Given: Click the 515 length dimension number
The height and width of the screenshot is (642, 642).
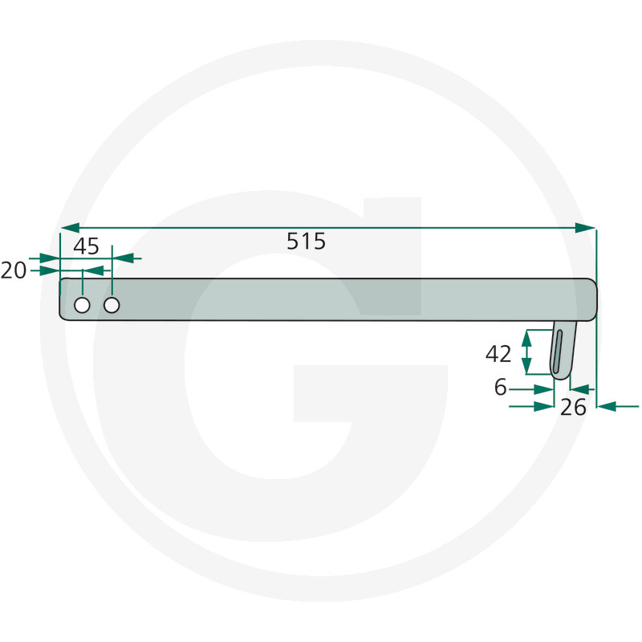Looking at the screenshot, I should point(307,242).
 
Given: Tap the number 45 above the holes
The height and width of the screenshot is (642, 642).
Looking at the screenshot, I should point(86,246).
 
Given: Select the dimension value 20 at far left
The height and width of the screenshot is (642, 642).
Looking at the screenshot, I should point(14,271).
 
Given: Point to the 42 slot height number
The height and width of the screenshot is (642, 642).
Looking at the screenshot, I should point(499,353).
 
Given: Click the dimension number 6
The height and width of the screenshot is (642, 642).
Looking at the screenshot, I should point(501,388).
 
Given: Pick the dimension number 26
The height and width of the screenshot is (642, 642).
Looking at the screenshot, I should point(573,408).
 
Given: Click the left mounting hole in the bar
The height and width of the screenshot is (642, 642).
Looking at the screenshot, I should point(82,305).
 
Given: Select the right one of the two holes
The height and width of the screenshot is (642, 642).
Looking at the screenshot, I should point(112,305).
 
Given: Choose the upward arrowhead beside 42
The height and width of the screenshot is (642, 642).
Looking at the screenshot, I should point(526,338).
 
